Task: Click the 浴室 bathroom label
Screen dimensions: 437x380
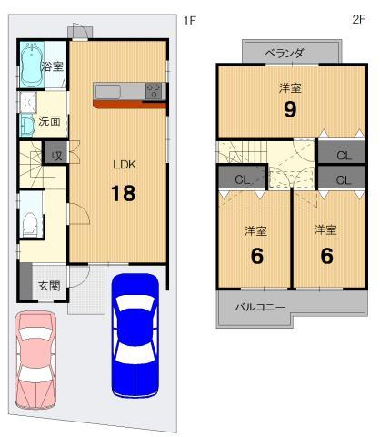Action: pos(51,67)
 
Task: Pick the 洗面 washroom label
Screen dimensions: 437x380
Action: pos(51,120)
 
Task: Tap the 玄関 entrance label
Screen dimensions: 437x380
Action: pos(48,286)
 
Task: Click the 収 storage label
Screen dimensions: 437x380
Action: pos(56,155)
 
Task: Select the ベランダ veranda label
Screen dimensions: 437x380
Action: pos(284,54)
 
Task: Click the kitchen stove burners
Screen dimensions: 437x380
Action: pos(154,90)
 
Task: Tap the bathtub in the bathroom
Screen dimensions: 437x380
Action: pos(29,66)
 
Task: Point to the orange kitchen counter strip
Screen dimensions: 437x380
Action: pos(127,104)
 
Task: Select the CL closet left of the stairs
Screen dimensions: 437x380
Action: pos(243,178)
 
